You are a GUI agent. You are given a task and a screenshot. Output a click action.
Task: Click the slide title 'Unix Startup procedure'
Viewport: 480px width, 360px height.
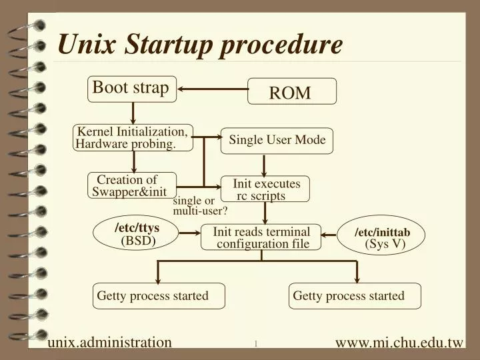point(200,45)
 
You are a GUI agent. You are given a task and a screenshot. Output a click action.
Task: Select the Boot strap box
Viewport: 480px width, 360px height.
point(132,89)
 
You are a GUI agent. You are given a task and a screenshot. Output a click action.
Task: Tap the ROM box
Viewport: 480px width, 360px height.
point(291,92)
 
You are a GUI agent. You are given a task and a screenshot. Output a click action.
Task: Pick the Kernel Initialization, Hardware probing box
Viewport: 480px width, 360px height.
point(134,138)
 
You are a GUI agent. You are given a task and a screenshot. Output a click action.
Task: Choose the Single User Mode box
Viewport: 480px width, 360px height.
point(277,140)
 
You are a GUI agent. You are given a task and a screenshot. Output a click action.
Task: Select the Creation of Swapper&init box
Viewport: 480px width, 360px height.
point(132,186)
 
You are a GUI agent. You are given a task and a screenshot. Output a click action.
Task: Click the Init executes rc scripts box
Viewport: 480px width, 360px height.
point(265,189)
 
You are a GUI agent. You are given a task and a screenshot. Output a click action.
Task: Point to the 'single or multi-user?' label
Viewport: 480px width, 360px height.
point(200,206)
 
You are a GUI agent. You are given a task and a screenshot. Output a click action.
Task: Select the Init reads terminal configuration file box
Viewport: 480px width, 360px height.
point(261,237)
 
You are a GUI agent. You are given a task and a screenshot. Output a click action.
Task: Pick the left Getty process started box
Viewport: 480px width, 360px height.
point(158,296)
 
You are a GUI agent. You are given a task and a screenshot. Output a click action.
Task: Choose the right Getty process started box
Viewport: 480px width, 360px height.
point(355,296)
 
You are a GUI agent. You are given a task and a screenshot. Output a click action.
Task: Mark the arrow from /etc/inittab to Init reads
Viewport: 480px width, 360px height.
point(331,235)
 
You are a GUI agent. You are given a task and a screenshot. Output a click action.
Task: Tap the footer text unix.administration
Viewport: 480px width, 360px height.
point(110,343)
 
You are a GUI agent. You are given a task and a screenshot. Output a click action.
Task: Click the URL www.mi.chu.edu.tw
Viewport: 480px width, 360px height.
point(399,343)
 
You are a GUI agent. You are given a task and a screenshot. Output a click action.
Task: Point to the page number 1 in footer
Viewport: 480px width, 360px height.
point(255,344)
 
